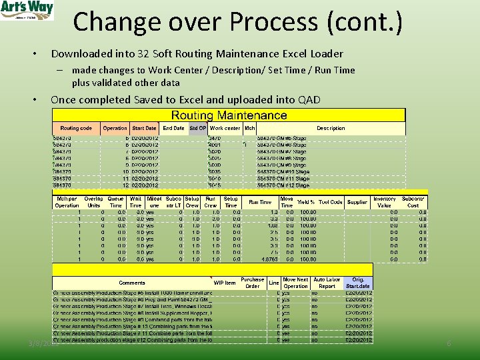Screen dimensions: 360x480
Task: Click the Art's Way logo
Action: (27, 11)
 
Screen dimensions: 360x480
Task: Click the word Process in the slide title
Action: (269, 22)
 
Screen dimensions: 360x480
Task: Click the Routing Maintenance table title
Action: (229, 115)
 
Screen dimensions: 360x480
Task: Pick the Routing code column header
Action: (76, 128)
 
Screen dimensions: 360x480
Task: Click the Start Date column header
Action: (144, 128)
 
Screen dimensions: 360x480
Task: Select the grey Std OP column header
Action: (198, 128)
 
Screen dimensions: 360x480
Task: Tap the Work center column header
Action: (225, 128)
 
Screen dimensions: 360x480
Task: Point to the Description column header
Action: (331, 128)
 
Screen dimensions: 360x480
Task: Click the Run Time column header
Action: (260, 202)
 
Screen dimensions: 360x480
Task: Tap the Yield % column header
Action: (305, 202)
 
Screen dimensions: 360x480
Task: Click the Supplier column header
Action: (357, 202)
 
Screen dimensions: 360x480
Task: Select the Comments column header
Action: (132, 283)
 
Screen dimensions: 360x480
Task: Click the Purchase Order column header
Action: (253, 283)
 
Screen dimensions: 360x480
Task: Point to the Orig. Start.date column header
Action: (359, 283)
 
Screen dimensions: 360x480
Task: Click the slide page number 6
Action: (449, 343)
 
